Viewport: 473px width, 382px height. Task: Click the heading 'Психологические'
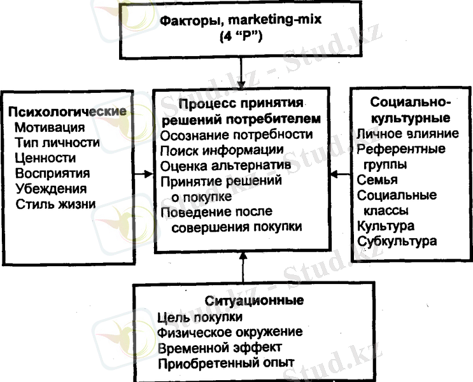(x=67, y=112)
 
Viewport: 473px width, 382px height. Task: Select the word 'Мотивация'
(x=50, y=127)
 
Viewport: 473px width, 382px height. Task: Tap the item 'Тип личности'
(x=57, y=143)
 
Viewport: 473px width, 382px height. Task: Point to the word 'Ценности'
(x=45, y=158)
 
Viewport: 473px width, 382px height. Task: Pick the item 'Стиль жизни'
(x=56, y=204)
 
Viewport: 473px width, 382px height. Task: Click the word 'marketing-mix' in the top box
(x=275, y=20)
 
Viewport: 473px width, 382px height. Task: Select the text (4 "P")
(x=241, y=36)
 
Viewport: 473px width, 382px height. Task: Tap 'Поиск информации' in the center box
(x=222, y=150)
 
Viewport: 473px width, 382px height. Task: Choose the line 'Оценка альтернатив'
(x=225, y=166)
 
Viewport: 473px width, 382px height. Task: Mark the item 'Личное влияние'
(x=408, y=134)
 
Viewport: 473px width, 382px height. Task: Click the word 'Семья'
(x=378, y=180)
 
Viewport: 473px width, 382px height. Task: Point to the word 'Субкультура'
(x=397, y=241)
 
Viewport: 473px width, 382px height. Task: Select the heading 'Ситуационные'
(x=254, y=301)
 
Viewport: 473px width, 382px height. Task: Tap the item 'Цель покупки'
(x=200, y=317)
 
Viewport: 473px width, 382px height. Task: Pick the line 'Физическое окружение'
(x=230, y=332)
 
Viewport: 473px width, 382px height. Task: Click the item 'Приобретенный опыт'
(x=226, y=364)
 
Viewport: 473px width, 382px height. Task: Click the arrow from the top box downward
(x=241, y=73)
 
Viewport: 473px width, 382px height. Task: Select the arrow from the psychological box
(x=144, y=174)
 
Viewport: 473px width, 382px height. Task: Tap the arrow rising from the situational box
(x=243, y=267)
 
